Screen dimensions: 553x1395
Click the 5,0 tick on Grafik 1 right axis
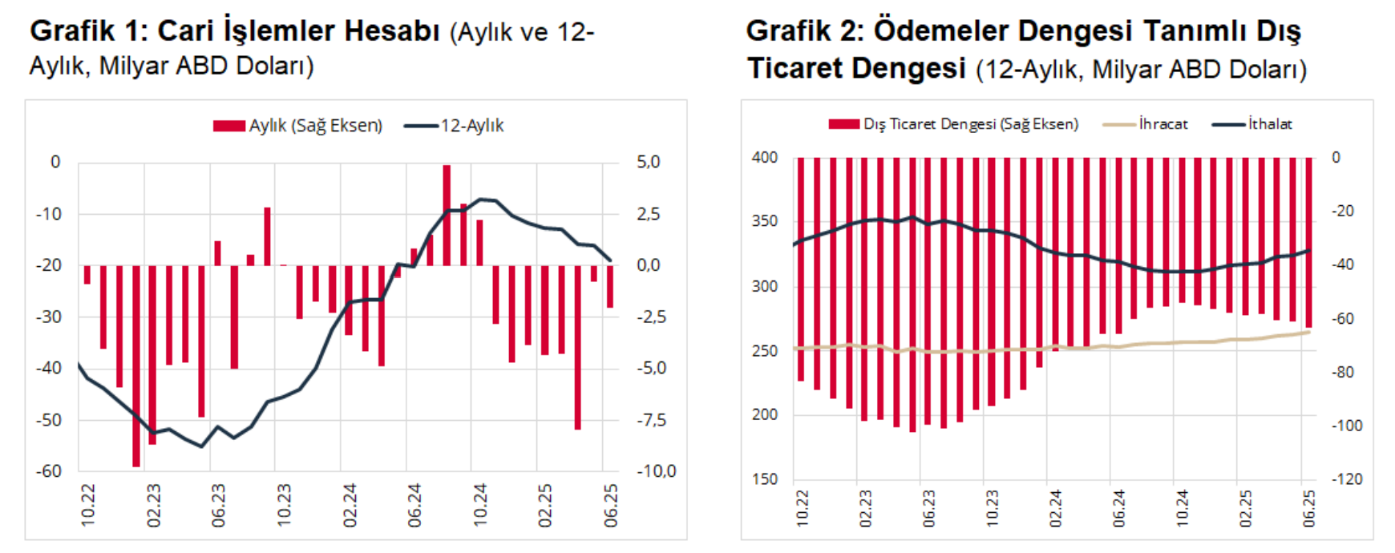(648, 162)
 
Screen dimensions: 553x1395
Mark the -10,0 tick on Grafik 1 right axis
(656, 471)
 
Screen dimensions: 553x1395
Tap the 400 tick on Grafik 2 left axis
(764, 158)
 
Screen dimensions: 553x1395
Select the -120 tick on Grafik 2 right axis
(1347, 479)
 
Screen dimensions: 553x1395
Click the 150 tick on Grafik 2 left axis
(764, 479)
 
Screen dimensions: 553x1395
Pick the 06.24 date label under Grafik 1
(414, 505)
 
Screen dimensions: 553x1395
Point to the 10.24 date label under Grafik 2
(1182, 508)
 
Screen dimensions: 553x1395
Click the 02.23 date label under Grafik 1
(153, 505)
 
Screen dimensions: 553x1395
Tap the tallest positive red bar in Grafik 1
(447, 215)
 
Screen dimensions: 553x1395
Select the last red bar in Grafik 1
(610, 286)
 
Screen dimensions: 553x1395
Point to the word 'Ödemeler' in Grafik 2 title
(940, 30)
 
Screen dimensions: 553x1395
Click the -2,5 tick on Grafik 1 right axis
(651, 317)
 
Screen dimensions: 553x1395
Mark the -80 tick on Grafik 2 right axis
(1343, 372)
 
